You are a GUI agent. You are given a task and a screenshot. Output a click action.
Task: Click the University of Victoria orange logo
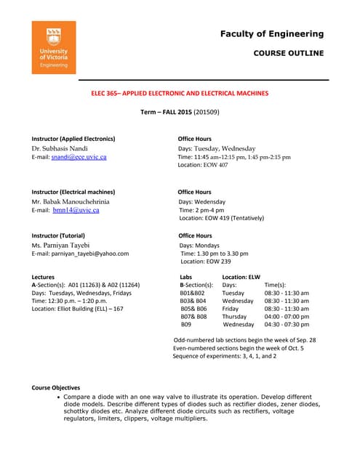point(54,49)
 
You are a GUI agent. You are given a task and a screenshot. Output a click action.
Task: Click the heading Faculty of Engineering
point(271,33)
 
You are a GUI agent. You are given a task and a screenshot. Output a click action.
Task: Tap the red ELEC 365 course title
point(179,94)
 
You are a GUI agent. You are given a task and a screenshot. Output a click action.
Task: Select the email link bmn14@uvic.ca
point(76,210)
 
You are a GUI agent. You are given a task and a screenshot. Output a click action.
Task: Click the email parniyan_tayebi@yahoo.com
point(80,254)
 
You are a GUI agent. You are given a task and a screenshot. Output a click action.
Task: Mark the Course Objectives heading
point(55,387)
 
